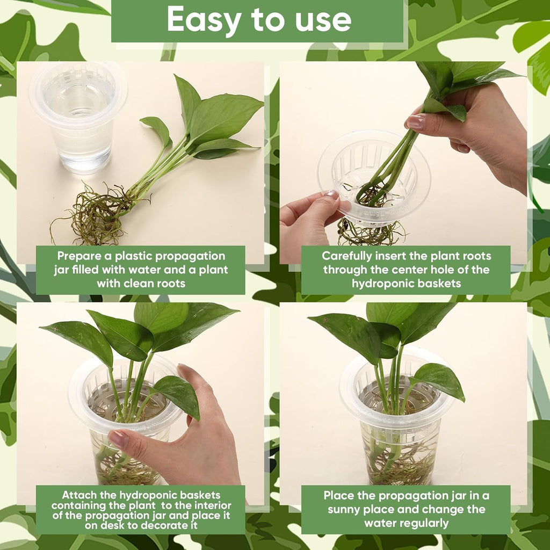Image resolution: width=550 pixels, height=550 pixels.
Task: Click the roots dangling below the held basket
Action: click(x=371, y=233)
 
